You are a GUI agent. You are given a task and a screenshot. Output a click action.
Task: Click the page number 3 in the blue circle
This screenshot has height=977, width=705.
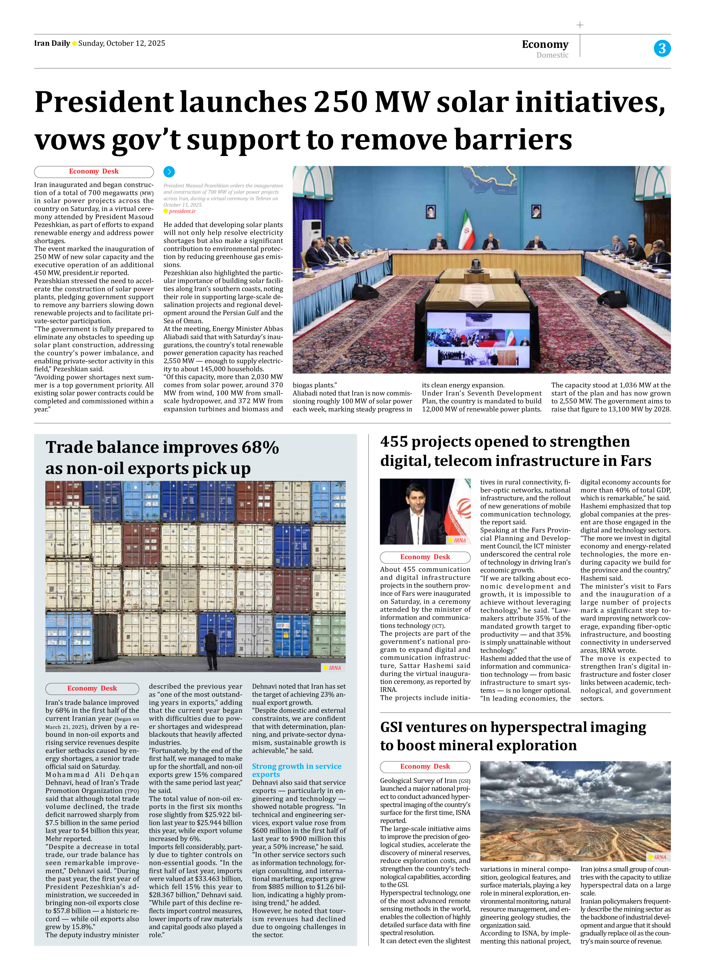pyautogui.click(x=662, y=48)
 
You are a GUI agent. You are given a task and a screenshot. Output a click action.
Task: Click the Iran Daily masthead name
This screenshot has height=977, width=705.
pyautogui.click(x=52, y=43)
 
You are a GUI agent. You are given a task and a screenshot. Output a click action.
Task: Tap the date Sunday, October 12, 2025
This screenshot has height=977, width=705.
pyautogui.click(x=122, y=43)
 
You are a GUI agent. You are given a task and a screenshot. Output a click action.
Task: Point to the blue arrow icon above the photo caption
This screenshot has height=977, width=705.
pyautogui.click(x=169, y=172)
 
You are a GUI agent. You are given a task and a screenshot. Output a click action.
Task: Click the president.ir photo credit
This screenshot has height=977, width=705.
pyautogui.click(x=182, y=211)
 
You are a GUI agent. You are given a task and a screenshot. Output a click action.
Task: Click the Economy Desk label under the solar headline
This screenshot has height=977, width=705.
pyautogui.click(x=94, y=172)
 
